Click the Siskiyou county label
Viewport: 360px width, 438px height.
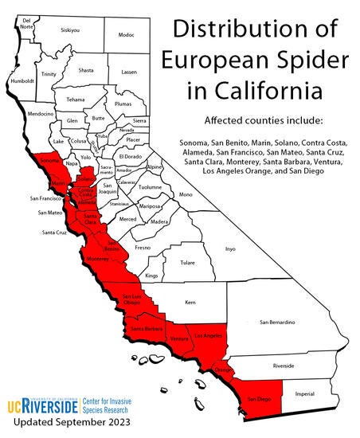pyautogui.click(x=70, y=30)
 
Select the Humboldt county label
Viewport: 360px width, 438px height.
pyautogui.click(x=21, y=80)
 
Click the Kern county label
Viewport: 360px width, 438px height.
pyautogui.click(x=190, y=303)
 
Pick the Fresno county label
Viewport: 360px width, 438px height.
pyautogui.click(x=143, y=248)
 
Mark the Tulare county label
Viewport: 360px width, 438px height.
pyautogui.click(x=187, y=260)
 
